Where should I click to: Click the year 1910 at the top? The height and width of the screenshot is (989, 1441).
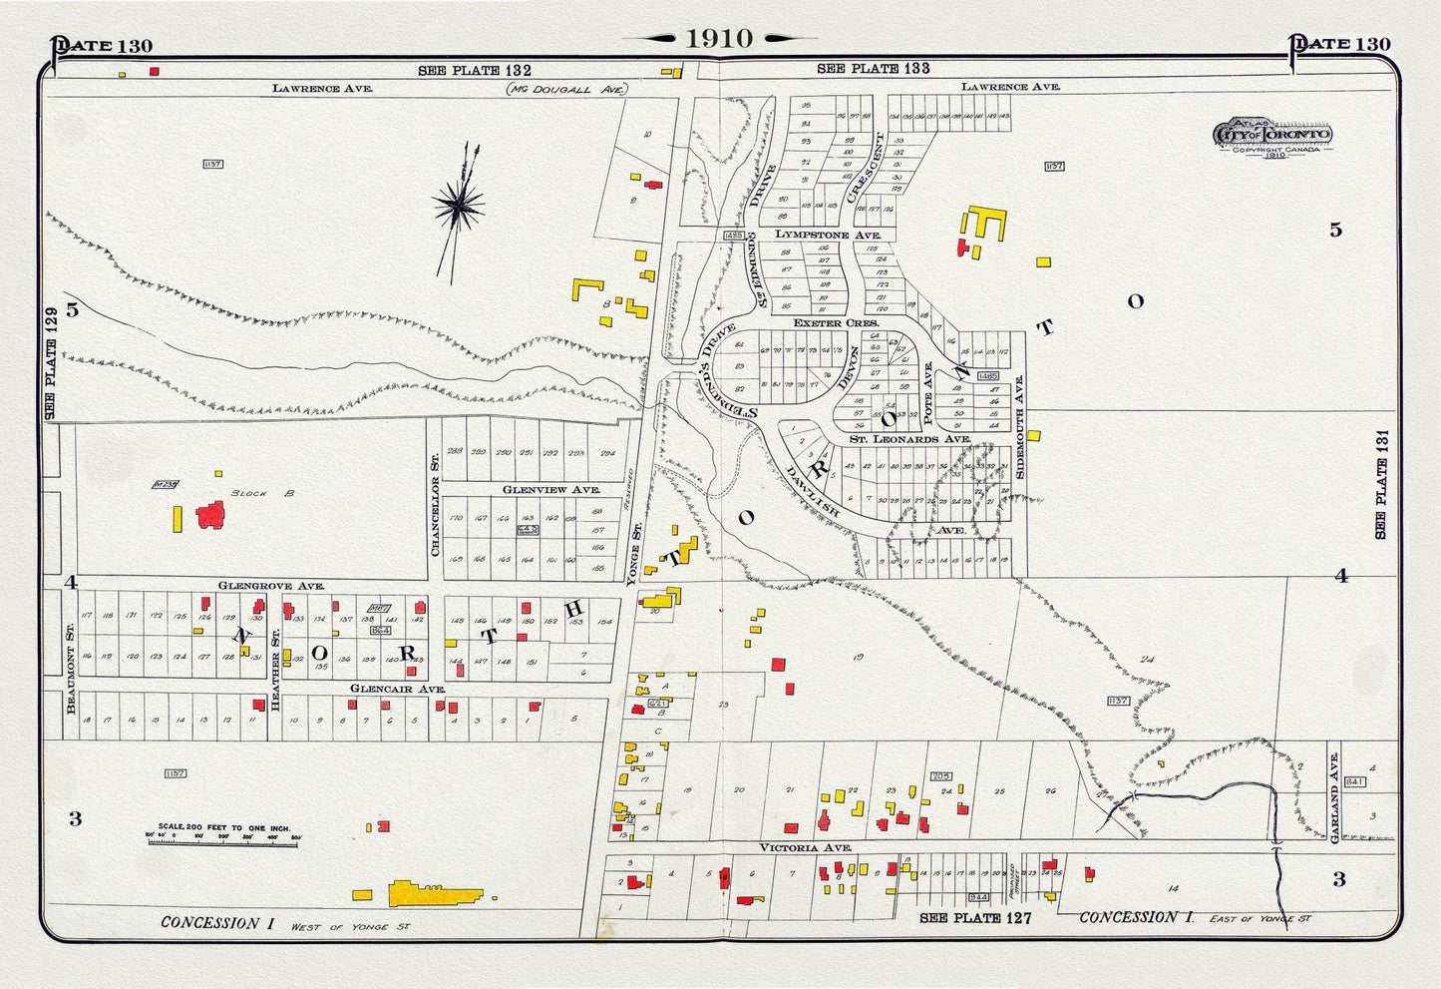point(719,38)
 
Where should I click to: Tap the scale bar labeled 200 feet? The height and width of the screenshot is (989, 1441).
point(224,836)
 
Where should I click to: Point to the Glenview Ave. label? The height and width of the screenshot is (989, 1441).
point(537,490)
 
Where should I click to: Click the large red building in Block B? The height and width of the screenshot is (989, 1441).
point(210,515)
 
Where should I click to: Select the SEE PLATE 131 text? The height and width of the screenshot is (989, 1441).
point(1380,484)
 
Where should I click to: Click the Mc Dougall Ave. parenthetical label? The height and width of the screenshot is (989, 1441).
point(567,89)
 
